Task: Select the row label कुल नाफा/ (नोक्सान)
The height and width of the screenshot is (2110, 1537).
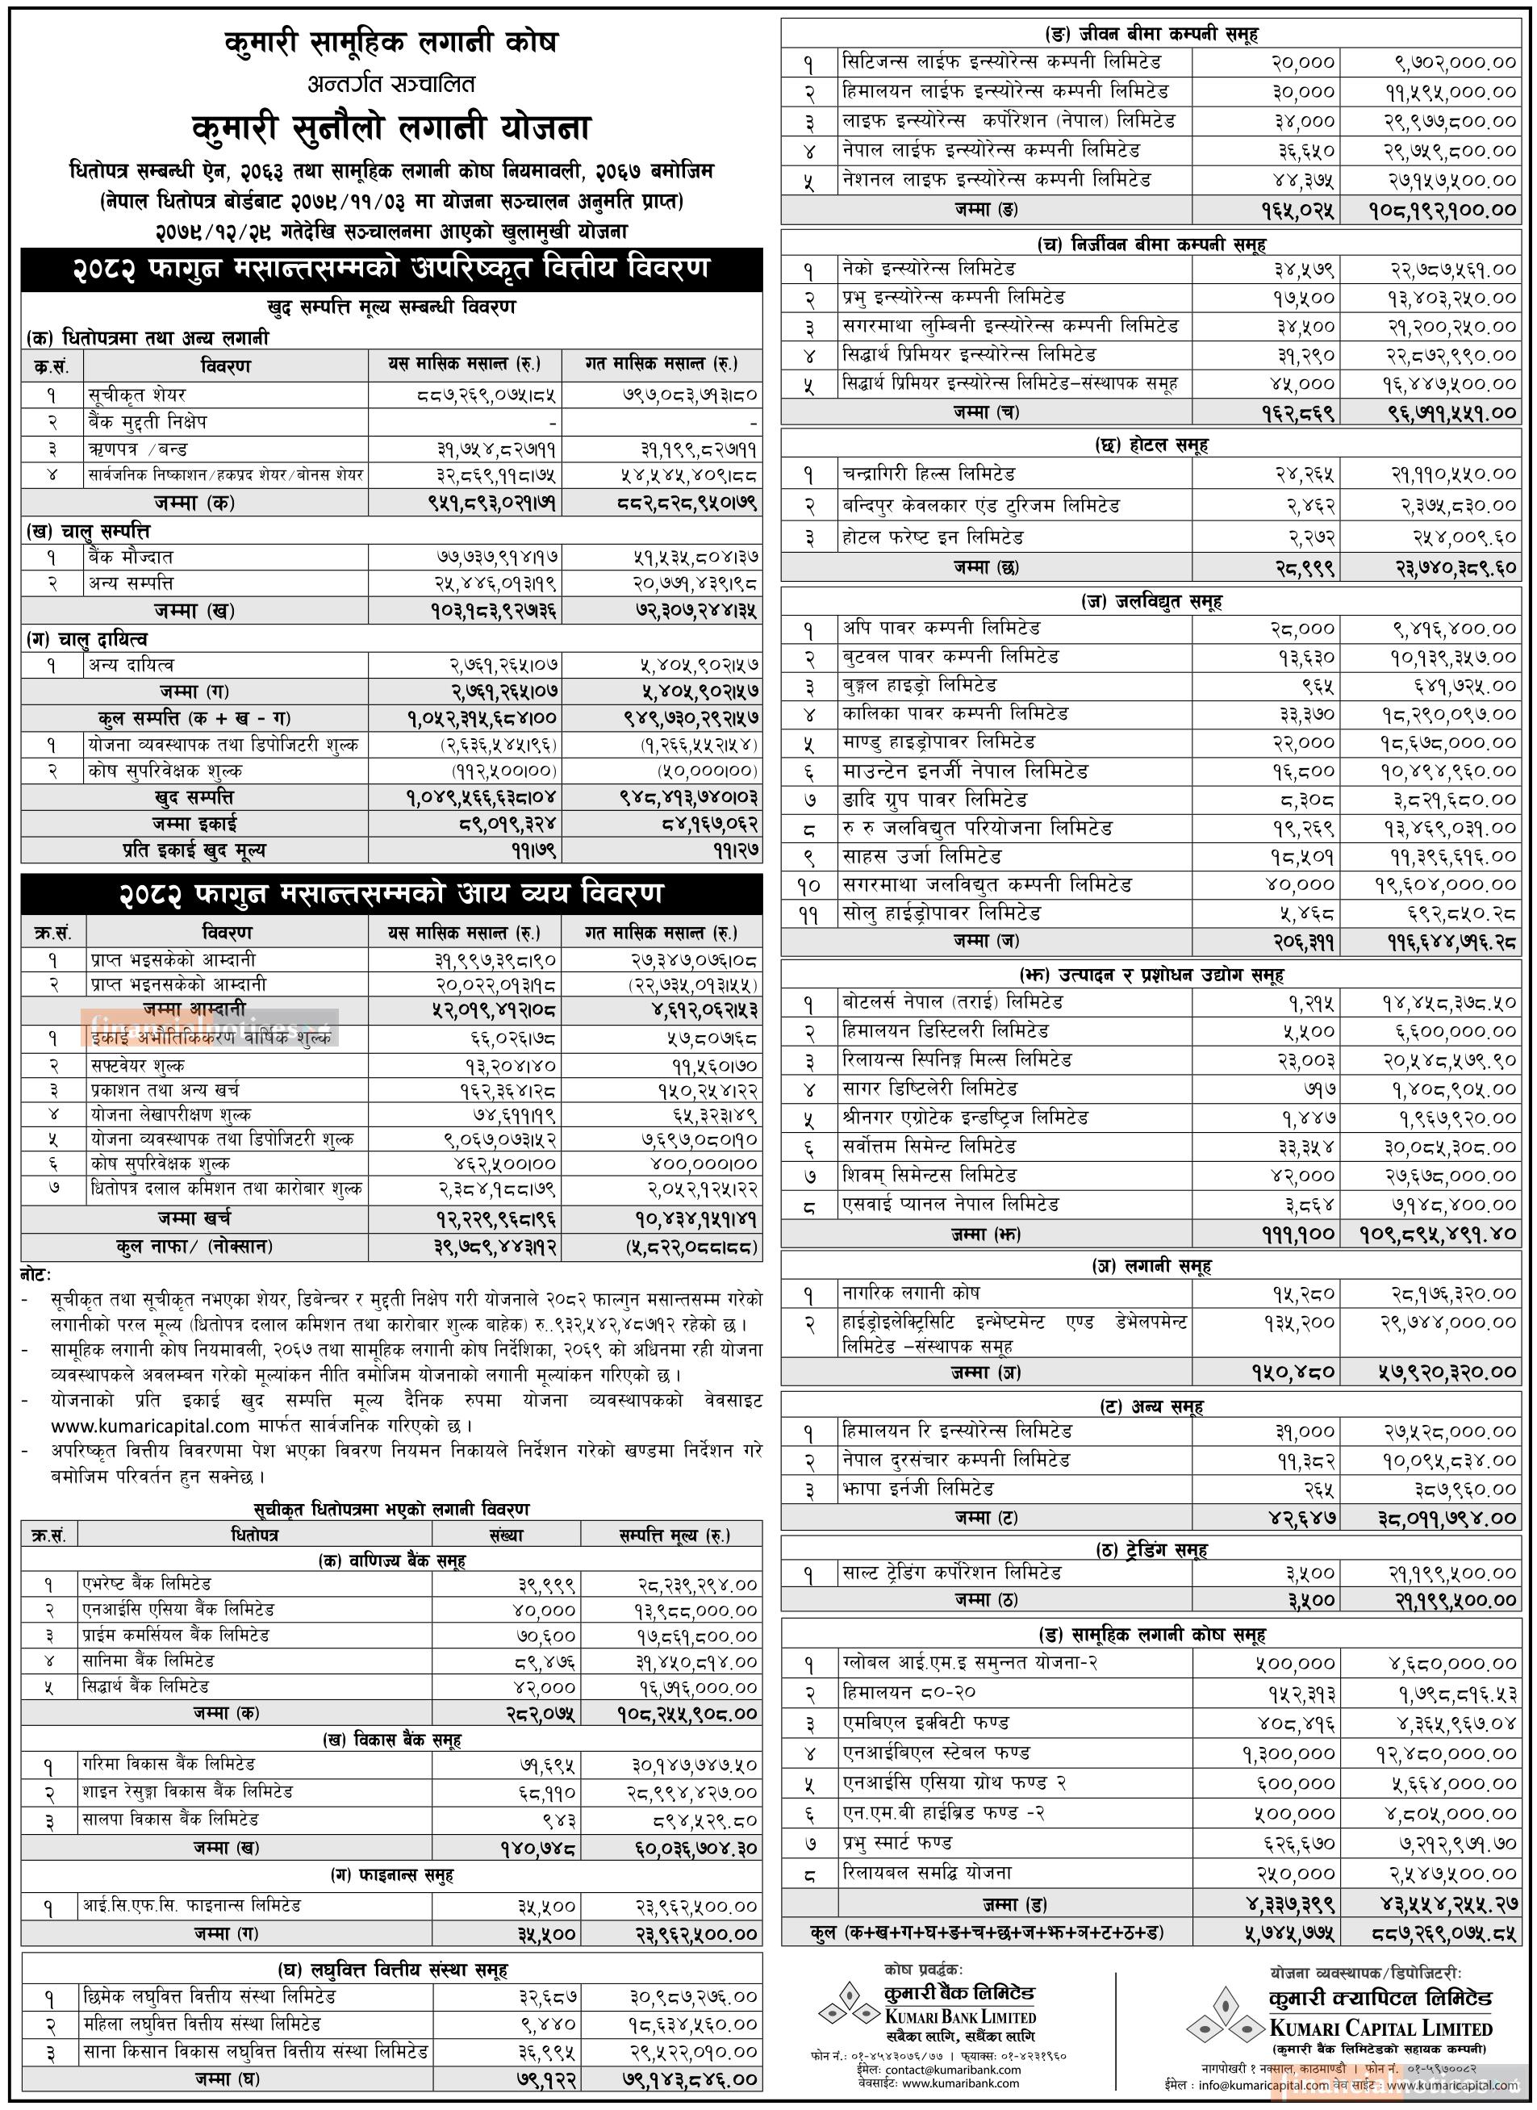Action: pos(194,1246)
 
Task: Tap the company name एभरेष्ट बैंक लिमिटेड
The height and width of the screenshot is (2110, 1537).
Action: pos(146,1582)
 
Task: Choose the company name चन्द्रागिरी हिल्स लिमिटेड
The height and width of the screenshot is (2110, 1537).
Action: pos(928,474)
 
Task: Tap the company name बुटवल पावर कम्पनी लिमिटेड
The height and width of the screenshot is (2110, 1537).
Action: pos(950,656)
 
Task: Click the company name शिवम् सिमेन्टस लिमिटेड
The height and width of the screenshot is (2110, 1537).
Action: pos(929,1175)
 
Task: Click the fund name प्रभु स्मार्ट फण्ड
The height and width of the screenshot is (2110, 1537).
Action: pos(897,1842)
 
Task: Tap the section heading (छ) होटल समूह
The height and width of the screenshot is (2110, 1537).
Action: pos(1151,445)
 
